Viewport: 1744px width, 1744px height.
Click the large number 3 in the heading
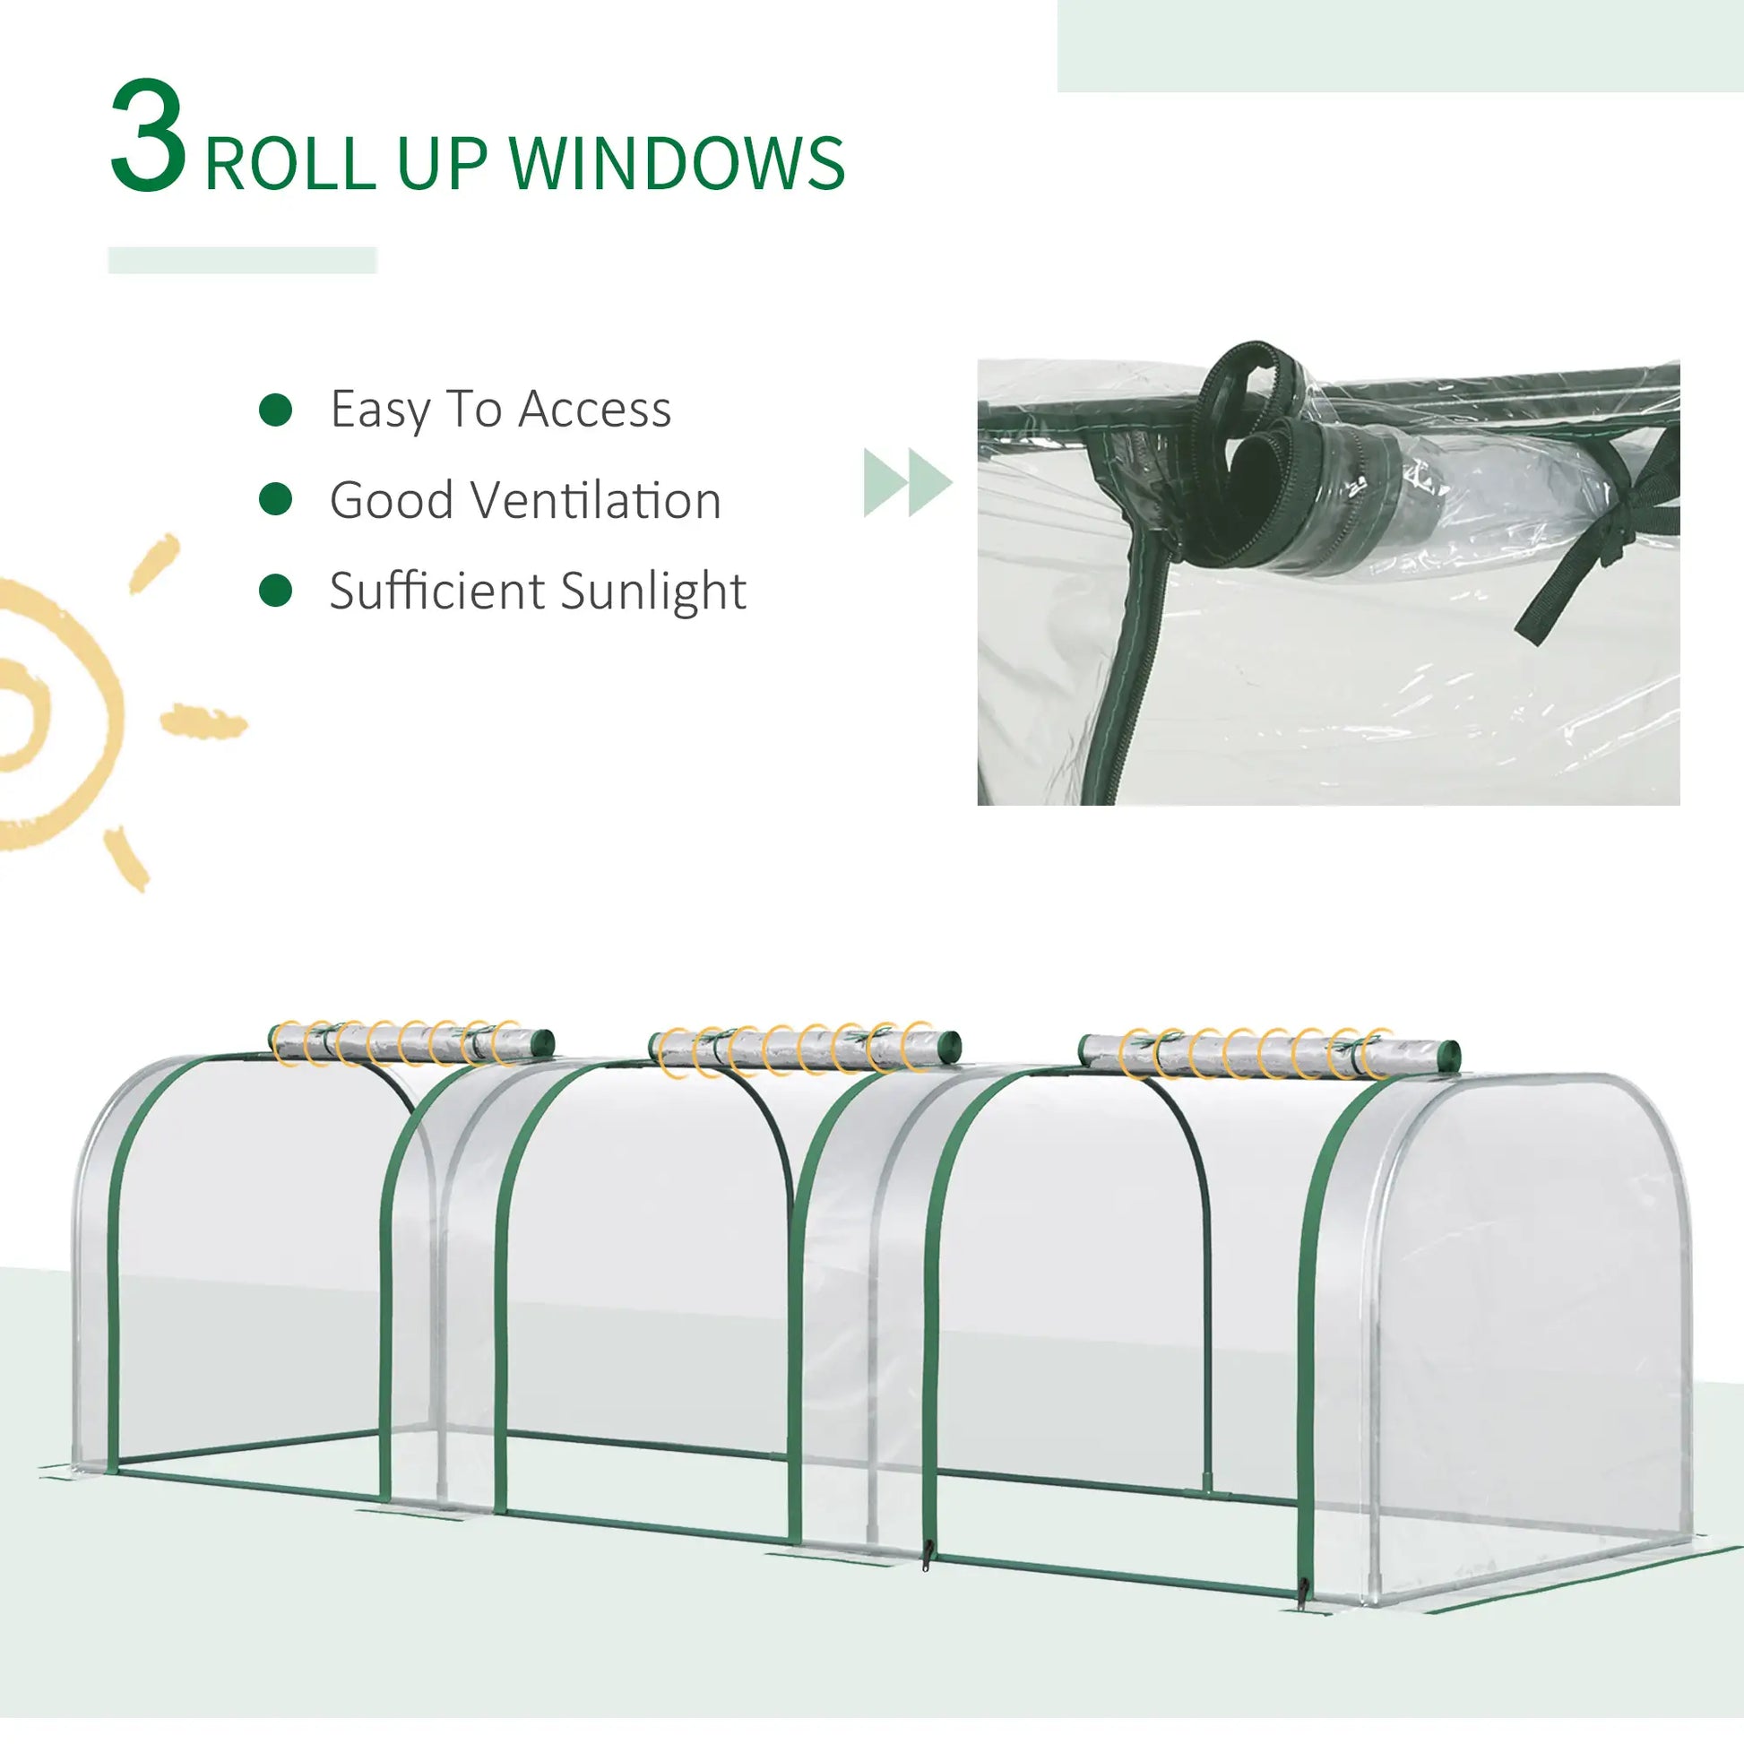tap(149, 137)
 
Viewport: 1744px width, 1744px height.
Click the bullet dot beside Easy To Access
tap(275, 410)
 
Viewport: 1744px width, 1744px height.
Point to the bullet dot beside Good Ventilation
tap(275, 499)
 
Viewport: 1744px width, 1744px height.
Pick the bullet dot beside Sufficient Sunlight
tap(275, 591)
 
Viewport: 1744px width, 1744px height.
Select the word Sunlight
tap(653, 592)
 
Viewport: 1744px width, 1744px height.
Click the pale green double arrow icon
tap(907, 482)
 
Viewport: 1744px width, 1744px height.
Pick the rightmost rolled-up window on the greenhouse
tap(1268, 1052)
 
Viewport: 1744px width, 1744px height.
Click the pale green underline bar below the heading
tap(242, 260)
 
